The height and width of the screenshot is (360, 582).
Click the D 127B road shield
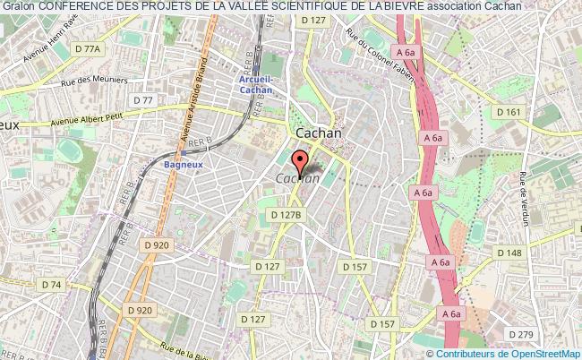tap(287, 214)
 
